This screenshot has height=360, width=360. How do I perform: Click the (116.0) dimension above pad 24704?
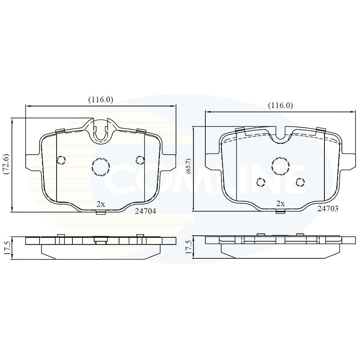(100, 100)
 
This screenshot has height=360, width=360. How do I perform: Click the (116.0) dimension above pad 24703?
(280, 106)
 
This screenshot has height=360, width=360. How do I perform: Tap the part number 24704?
(145, 211)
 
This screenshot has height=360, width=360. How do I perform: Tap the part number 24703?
(328, 208)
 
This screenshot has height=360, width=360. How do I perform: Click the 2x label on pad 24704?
(100, 204)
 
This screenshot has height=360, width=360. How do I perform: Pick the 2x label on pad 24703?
(280, 204)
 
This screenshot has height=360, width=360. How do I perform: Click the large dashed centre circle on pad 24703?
(280, 164)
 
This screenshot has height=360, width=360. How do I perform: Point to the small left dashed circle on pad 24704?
(61, 160)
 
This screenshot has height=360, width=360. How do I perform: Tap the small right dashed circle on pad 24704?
(139, 160)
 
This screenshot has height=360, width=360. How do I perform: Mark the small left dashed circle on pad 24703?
(260, 182)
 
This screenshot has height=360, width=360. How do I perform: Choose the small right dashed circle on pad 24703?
(300, 182)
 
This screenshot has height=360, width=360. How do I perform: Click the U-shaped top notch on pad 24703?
(281, 135)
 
